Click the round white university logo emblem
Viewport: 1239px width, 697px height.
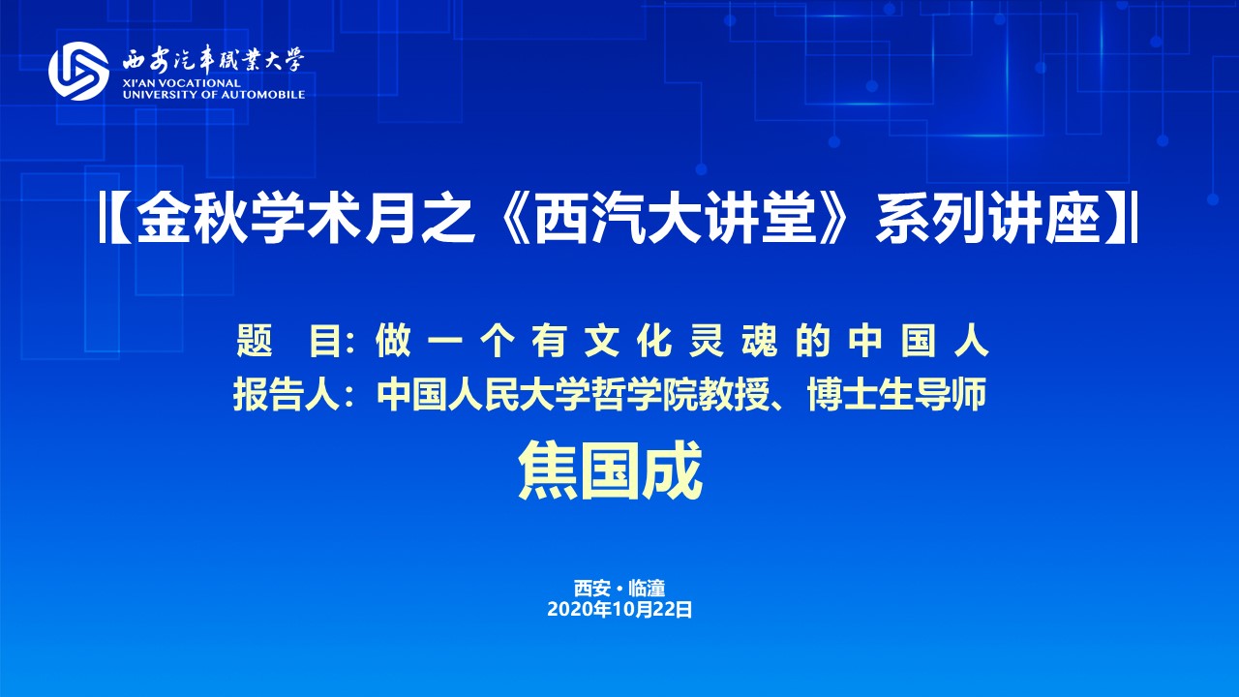pos(78,71)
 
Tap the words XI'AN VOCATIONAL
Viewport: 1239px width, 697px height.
pos(182,83)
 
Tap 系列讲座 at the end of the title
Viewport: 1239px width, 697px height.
pos(987,220)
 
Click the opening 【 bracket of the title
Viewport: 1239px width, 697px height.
pos(114,220)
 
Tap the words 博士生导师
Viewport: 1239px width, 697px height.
pos(897,395)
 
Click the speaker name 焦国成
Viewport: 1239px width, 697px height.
pos(610,470)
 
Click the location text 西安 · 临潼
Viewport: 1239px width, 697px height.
pos(619,588)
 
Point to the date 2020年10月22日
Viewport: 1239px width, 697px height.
pos(619,610)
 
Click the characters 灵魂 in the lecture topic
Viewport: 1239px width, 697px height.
pos(733,342)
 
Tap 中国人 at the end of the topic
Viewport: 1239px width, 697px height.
pos(919,342)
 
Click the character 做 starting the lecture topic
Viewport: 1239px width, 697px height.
pos(393,342)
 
